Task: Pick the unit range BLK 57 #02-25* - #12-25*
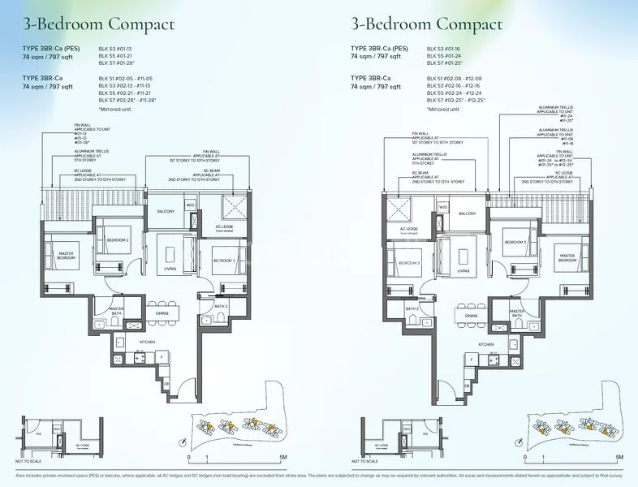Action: click(463, 99)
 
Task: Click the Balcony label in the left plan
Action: click(166, 211)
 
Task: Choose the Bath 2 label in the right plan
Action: click(412, 308)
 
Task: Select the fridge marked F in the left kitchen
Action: click(162, 356)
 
